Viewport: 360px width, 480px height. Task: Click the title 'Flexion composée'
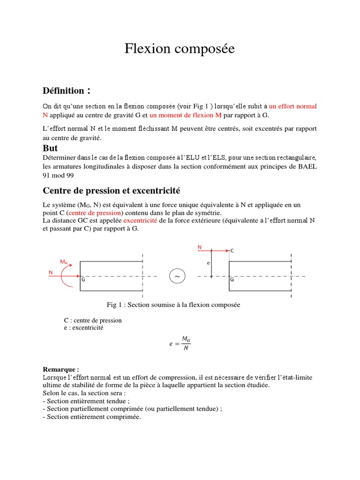tap(180, 49)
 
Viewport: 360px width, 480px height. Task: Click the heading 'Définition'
tap(64, 90)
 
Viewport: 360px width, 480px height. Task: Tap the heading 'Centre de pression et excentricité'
tap(112, 191)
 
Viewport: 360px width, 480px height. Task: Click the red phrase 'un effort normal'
tap(293, 106)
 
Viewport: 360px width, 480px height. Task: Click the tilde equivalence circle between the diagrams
tap(177, 277)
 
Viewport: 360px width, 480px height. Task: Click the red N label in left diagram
tap(51, 272)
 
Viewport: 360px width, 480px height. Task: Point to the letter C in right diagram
tap(232, 251)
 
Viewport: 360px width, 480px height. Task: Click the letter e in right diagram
tap(208, 263)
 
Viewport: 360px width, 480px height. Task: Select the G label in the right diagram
tap(232, 280)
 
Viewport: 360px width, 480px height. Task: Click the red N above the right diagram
tap(200, 247)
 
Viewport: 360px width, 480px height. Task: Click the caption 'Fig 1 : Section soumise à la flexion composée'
tap(173, 305)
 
